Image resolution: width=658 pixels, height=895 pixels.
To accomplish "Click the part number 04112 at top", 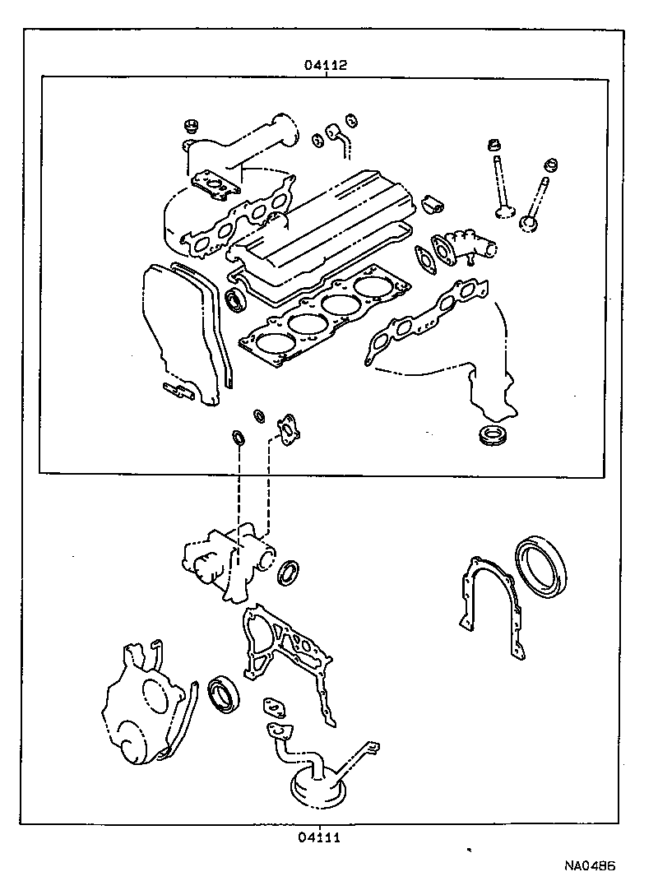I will [x=327, y=64].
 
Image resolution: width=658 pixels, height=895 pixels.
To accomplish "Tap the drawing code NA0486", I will [x=590, y=866].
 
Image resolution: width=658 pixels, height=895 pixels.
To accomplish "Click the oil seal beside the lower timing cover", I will [x=224, y=693].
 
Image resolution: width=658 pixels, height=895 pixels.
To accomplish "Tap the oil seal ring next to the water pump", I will [x=289, y=572].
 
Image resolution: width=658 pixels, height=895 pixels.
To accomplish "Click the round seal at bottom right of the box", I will [x=494, y=435].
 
